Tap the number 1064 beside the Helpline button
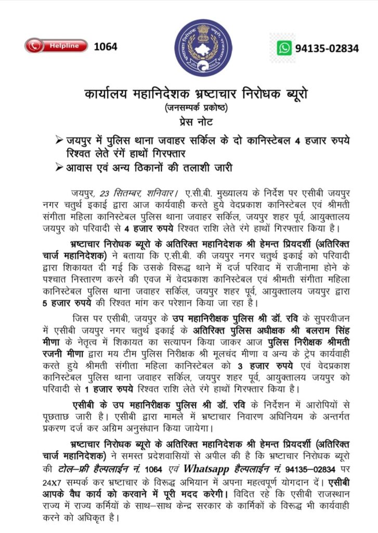106,46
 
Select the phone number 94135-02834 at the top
327,48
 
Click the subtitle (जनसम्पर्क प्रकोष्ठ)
189,108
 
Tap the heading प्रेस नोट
189,122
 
